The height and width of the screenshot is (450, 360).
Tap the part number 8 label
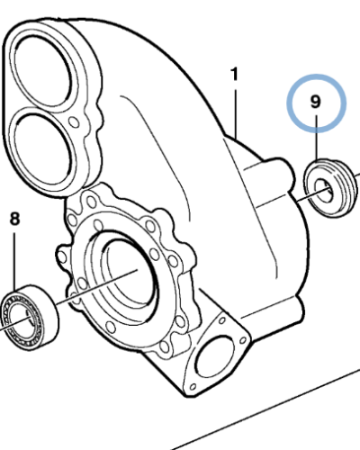[14, 219]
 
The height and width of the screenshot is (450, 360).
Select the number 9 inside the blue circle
[316, 102]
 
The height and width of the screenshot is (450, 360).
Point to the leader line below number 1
[236, 112]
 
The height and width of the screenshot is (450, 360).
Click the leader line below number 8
[14, 256]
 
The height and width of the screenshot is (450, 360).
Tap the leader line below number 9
[317, 139]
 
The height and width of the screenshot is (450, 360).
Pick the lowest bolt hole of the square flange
[194, 390]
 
